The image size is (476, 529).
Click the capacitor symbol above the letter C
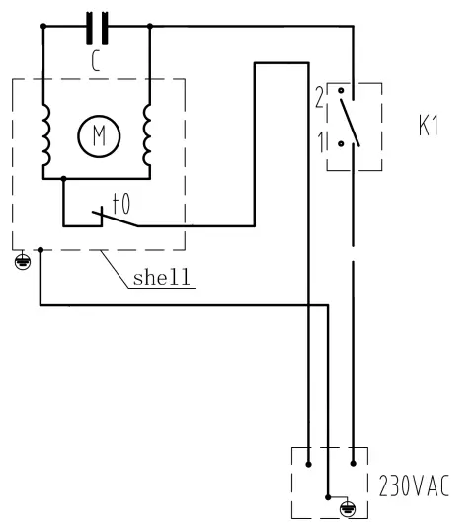point(96,27)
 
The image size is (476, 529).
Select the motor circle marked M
point(97,134)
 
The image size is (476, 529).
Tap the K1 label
point(428,129)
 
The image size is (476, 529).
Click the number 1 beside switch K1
point(319,142)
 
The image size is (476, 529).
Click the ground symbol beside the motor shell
point(23,263)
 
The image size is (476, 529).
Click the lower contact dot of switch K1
point(341,143)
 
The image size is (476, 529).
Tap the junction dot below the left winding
point(63,179)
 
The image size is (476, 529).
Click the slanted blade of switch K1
point(350,121)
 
